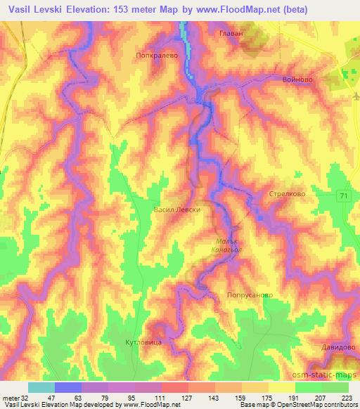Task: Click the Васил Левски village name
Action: (177, 209)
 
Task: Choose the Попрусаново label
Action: (249, 296)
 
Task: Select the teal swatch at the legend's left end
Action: (41, 387)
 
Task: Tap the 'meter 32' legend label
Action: (14, 398)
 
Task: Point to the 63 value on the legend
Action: (67, 398)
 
